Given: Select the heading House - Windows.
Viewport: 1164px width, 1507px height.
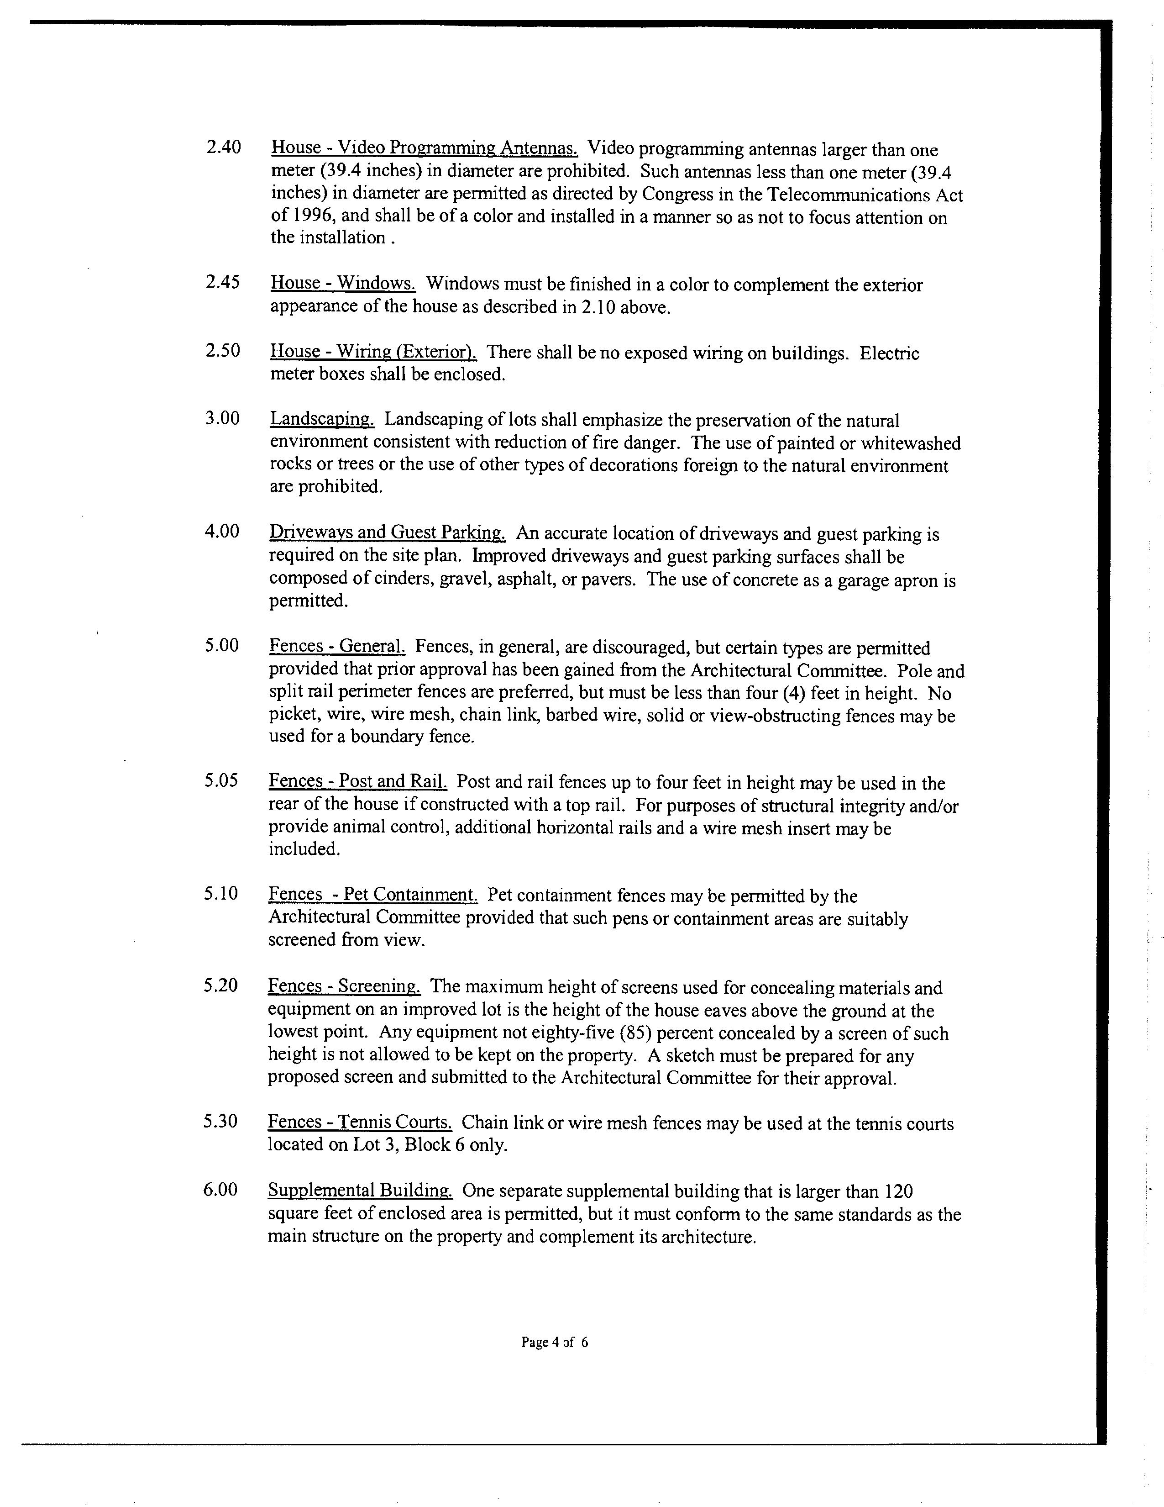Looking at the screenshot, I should [x=343, y=283].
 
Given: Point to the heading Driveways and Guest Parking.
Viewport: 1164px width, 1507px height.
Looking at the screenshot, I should [x=388, y=532].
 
